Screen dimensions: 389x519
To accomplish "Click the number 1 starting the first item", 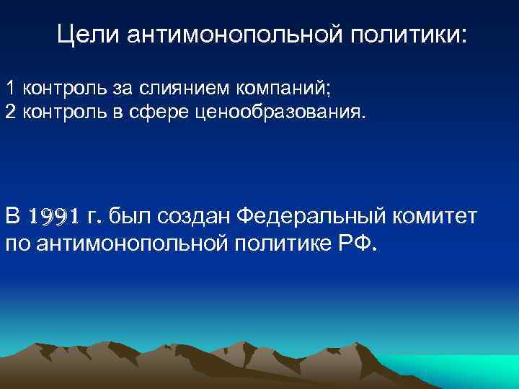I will pyautogui.click(x=11, y=89).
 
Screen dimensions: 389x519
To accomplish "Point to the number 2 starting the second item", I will pyautogui.click(x=11, y=112).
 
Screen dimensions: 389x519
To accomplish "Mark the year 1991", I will pyautogui.click(x=54, y=216).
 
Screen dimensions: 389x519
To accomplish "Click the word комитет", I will pyautogui.click(x=437, y=216).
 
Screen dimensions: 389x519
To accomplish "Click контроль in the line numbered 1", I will pyautogui.click(x=63, y=89).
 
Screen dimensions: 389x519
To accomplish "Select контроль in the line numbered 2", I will pyautogui.click(x=63, y=112).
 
